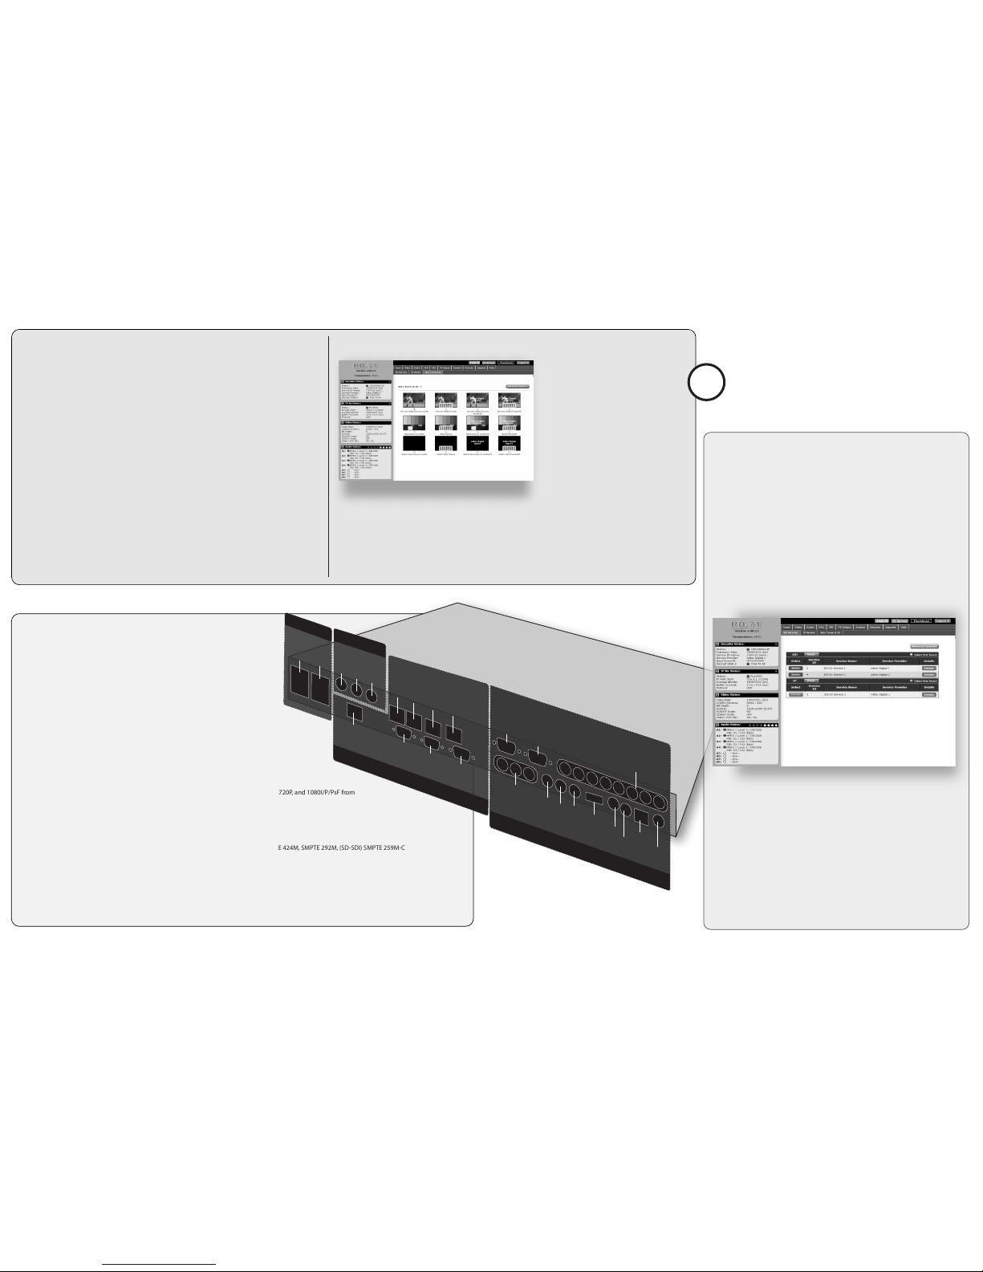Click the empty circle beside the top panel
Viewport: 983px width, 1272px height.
click(709, 382)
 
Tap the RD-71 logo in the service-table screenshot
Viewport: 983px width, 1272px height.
click(745, 624)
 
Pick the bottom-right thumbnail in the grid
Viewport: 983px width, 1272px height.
click(510, 443)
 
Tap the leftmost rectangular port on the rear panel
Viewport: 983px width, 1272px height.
click(300, 683)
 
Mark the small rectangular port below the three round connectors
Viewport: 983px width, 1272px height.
click(353, 713)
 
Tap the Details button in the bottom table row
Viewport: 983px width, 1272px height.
click(928, 694)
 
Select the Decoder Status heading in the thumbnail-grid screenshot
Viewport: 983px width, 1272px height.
click(355, 381)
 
